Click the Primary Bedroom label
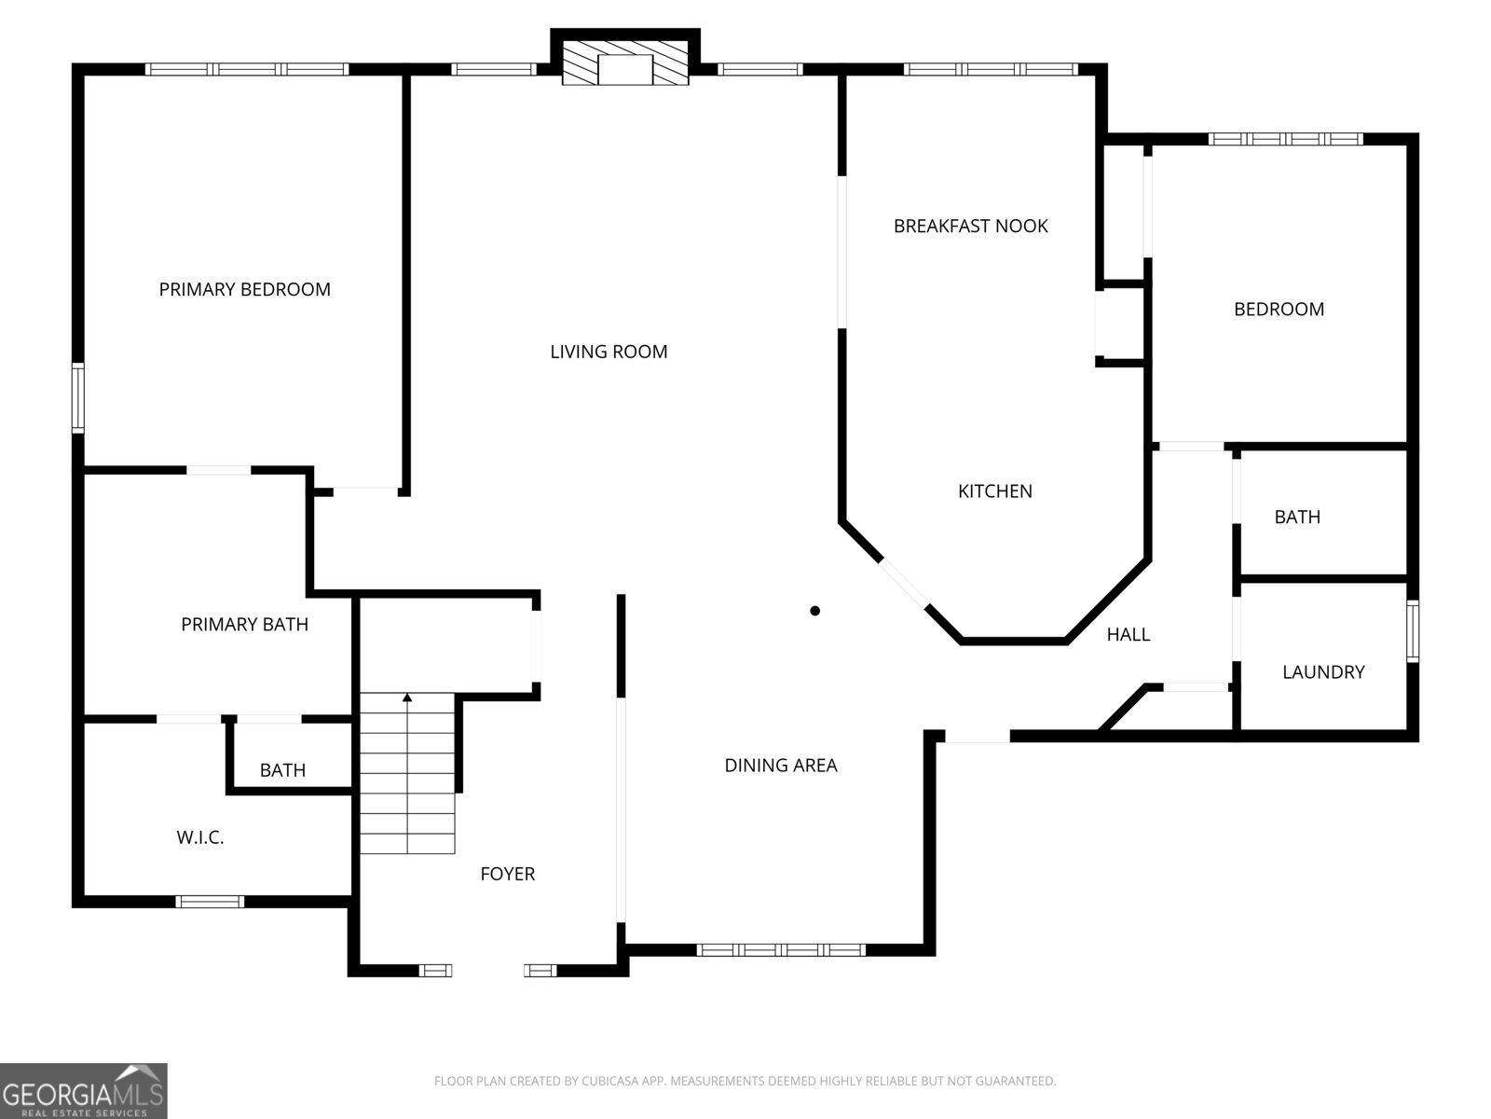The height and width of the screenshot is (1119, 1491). [244, 289]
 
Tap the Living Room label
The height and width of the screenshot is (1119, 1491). [609, 352]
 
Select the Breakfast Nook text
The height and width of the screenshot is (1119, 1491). [970, 226]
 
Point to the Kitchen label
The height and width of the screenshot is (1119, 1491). [994, 490]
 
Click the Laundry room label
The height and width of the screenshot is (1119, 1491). [1322, 671]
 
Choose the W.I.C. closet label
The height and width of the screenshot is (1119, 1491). [199, 837]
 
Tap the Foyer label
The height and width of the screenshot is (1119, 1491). [507, 874]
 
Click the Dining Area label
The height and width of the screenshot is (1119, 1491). [780, 765]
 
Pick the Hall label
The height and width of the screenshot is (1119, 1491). [1128, 634]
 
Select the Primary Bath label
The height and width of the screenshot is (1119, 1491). [244, 624]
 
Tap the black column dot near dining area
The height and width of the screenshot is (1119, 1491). [814, 611]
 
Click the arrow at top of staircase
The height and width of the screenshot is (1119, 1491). [407, 697]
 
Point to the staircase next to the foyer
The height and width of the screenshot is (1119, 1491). [407, 774]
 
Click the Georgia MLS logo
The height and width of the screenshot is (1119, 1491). [83, 1091]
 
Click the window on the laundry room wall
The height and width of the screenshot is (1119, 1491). [1413, 631]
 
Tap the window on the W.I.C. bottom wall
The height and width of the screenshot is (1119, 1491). [210, 901]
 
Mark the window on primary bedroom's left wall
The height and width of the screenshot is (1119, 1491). [78, 398]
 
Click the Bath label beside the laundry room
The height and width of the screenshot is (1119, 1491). [1296, 517]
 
